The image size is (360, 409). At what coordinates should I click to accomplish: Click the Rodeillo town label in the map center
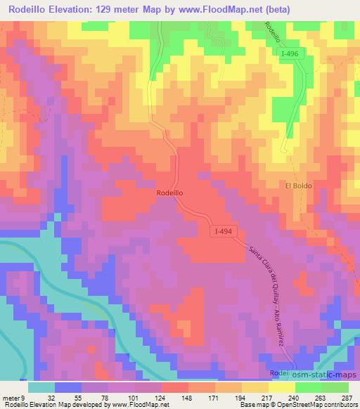click(171, 192)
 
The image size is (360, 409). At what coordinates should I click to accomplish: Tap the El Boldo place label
click(298, 186)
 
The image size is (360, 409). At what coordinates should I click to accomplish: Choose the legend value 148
click(186, 397)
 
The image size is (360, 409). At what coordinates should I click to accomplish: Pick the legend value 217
click(265, 397)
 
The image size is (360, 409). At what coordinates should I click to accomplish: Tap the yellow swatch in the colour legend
click(281, 387)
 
